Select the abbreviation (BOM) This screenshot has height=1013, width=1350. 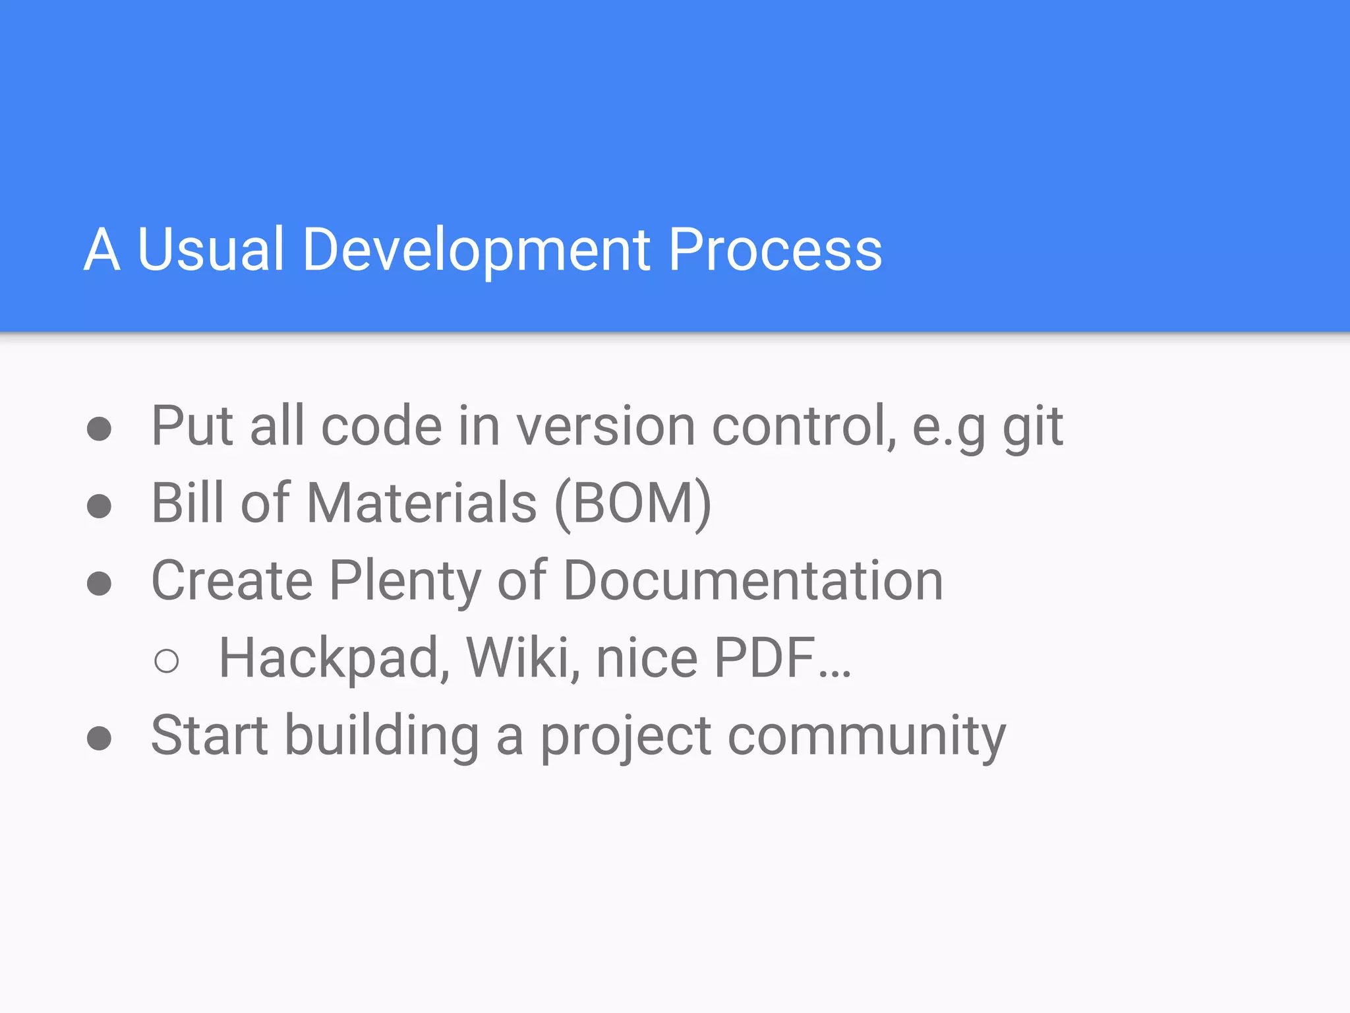click(633, 505)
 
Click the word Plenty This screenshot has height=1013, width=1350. click(405, 582)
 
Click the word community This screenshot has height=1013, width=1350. click(866, 737)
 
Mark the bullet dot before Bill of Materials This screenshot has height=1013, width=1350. click(99, 506)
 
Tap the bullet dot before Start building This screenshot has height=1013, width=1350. click(99, 738)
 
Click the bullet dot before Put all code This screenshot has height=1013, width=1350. click(99, 429)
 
